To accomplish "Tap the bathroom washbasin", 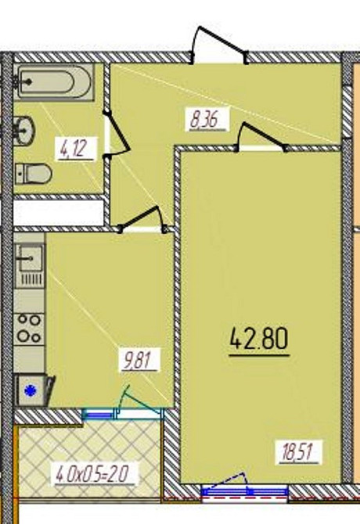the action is [24, 131].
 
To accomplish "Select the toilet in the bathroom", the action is [33, 174].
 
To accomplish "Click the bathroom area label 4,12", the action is [76, 149].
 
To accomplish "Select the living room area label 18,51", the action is [298, 452].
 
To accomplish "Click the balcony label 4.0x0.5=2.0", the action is [94, 473].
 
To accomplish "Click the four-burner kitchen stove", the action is [29, 329].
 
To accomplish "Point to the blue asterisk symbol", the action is [31, 390].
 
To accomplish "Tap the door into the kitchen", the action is [142, 220].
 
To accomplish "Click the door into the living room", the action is [261, 137].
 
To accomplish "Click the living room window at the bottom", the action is [244, 491].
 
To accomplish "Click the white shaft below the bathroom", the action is [59, 213].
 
